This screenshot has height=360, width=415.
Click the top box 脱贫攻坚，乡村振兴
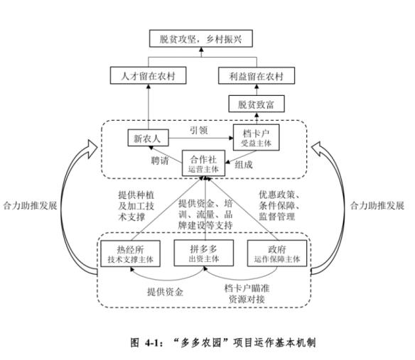[x=201, y=38]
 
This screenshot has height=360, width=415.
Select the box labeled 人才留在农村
[x=149, y=76]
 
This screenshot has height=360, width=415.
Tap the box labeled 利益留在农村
[x=257, y=76]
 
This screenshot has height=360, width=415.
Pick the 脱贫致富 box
[x=257, y=104]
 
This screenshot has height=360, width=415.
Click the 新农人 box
[x=148, y=138]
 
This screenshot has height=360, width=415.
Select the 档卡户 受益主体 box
[x=257, y=138]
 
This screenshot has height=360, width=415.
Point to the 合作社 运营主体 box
[x=203, y=163]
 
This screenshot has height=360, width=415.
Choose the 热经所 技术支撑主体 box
[x=131, y=253]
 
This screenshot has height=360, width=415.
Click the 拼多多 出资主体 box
[x=204, y=253]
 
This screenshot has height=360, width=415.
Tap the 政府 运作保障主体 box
[x=277, y=253]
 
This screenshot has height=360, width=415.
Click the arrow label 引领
[x=199, y=130]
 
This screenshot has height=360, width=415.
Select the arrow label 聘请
[x=160, y=160]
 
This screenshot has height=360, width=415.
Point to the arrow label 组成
[x=244, y=165]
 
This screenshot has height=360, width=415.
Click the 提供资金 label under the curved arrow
[x=165, y=292]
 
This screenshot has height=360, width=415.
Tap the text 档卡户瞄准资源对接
[x=247, y=293]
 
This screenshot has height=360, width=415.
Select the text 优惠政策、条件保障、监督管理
[x=279, y=205]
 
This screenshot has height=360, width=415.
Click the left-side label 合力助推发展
[x=30, y=205]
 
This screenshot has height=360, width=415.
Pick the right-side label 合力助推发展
[x=377, y=205]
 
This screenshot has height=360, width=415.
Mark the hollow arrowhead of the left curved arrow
[x=92, y=148]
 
